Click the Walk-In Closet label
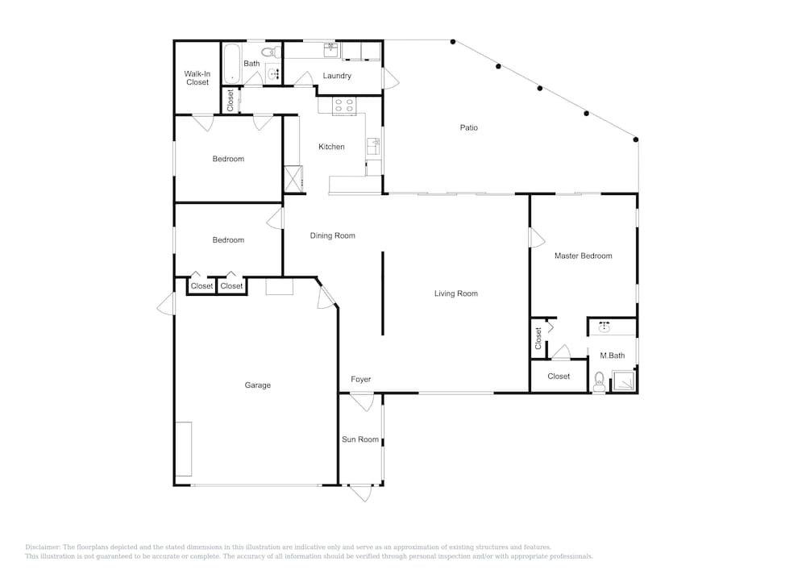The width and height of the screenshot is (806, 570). point(197,78)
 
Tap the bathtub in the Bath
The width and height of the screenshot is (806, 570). point(232,64)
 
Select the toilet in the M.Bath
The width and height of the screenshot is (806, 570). point(599,382)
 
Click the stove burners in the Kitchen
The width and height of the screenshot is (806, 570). point(344,106)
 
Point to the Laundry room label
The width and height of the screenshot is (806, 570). point(337,76)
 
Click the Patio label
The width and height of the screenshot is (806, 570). point(469,127)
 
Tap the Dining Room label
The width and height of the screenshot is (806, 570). point(333,235)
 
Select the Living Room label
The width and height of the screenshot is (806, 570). point(456,293)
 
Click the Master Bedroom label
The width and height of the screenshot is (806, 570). point(584,256)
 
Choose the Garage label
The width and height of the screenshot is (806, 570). point(258,385)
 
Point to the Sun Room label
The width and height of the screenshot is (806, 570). point(360,439)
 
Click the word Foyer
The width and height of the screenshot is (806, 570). point(361,379)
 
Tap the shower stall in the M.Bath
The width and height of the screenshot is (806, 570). point(624,381)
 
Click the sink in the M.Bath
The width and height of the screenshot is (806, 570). point(604,327)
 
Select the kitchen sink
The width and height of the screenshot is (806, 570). point(373,147)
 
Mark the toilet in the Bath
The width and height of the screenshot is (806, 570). point(271,52)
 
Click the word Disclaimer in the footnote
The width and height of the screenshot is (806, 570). point(43,547)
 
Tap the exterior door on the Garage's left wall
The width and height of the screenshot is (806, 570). point(165,303)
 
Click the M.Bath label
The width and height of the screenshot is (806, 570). point(613,356)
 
